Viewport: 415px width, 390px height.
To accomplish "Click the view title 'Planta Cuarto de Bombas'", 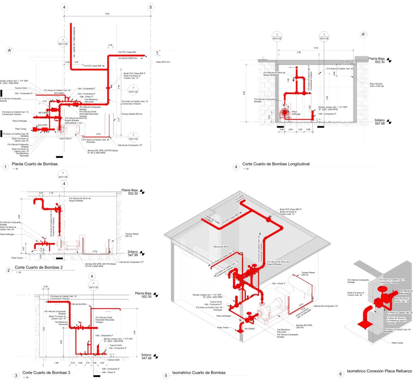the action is pos(34,164).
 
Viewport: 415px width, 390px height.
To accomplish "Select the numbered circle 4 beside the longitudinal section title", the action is pos(236,167).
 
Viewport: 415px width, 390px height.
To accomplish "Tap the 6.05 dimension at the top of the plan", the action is pos(107,14).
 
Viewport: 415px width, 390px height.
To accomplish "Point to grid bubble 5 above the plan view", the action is pos(151,7).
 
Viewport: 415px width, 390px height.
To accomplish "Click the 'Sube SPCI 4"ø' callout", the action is pos(163,62).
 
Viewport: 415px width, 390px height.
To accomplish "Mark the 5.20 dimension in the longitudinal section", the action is pos(316,48).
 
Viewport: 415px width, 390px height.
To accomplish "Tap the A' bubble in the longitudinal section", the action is pos(364,34).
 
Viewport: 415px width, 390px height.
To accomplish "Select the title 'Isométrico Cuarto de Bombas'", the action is pos(199,372).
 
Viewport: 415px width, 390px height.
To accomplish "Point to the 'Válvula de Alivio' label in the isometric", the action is pos(221,247).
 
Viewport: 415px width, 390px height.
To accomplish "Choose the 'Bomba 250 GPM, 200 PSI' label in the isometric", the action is pos(304,326).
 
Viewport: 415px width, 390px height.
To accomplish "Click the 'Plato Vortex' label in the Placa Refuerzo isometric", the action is pos(397,343).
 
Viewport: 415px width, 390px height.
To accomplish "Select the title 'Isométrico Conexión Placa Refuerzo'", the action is pos(379,371).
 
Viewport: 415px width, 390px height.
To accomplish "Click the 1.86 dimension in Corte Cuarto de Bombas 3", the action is pos(56,363).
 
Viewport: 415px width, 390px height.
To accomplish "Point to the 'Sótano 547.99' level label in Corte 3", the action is pos(146,356).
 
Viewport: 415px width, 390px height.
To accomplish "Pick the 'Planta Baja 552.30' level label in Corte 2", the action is pos(130,192).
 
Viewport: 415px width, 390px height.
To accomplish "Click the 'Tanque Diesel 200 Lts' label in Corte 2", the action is pos(132,235).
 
